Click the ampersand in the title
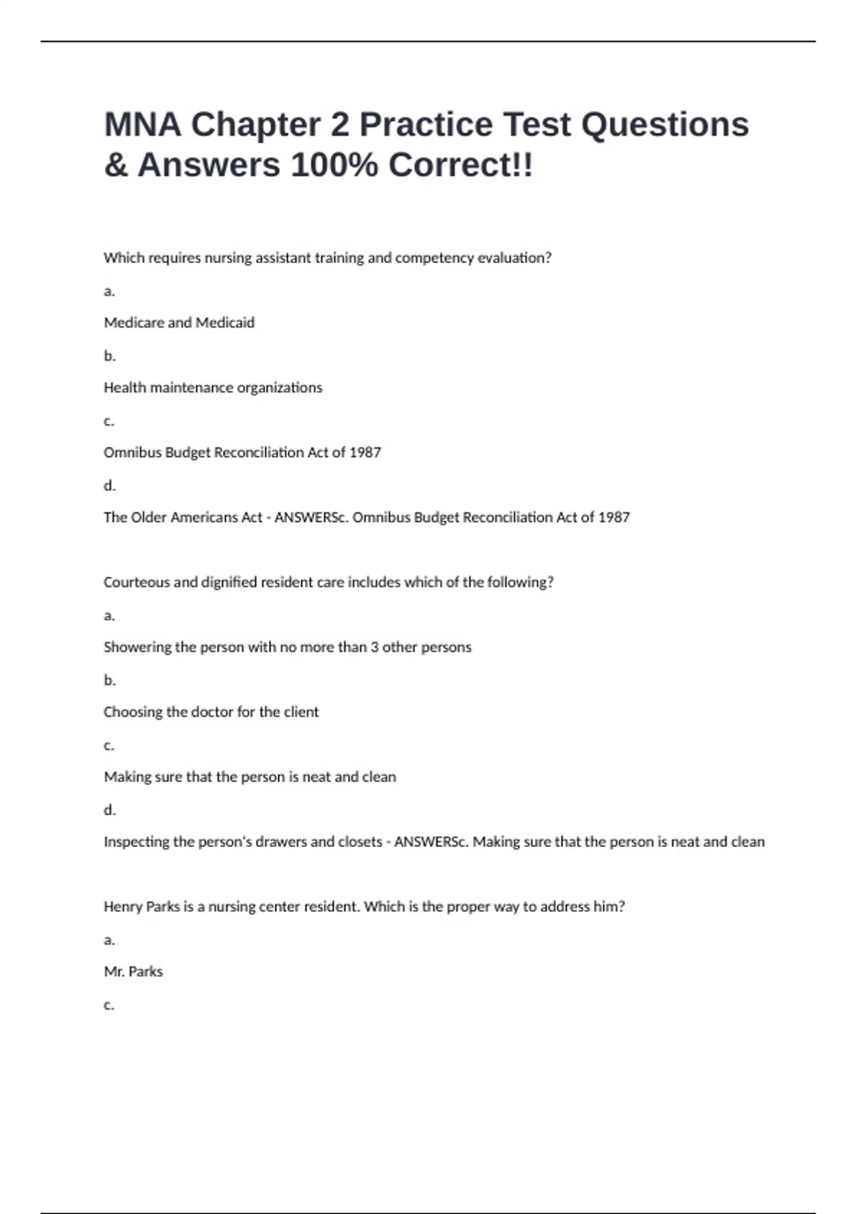[116, 165]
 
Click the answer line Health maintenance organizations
[213, 388]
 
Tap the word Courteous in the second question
[136, 582]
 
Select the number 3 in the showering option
[374, 647]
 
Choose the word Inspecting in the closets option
[136, 842]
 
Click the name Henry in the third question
[123, 907]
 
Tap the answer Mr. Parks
[134, 972]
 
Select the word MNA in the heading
[142, 124]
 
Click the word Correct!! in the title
[461, 165]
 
